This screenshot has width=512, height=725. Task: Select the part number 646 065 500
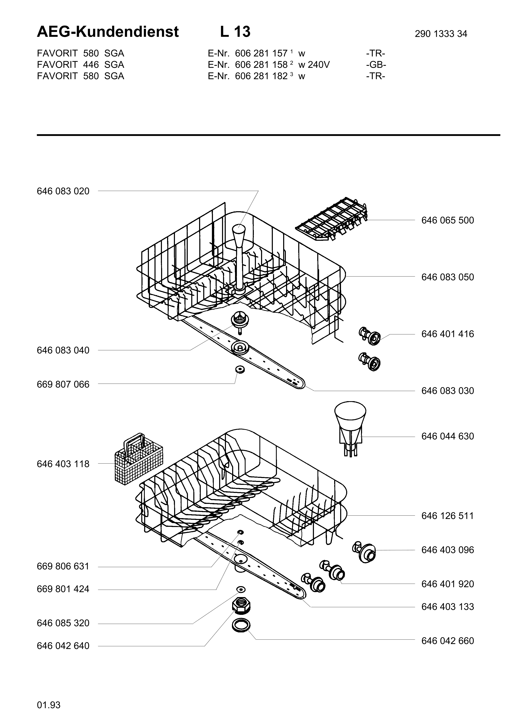click(x=448, y=220)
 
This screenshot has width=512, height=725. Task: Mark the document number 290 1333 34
click(x=441, y=34)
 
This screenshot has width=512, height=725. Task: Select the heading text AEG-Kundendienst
click(x=108, y=32)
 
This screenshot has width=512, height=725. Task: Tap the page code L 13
click(x=235, y=32)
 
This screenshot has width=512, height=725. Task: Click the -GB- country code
click(x=376, y=65)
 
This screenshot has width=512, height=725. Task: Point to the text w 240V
click(x=314, y=65)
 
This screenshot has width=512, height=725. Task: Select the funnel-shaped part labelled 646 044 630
click(x=350, y=428)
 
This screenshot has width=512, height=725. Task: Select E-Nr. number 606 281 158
click(x=261, y=65)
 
